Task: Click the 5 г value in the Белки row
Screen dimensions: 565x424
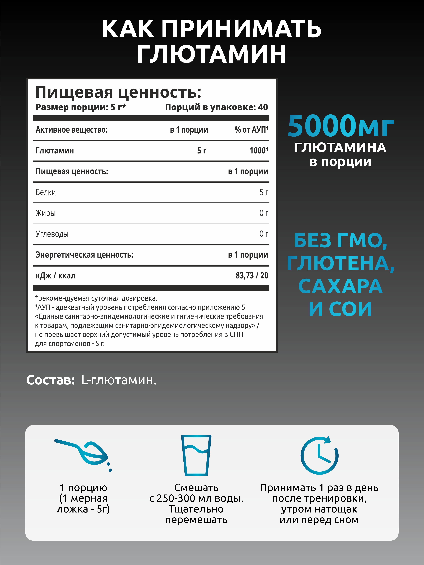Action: coord(263,192)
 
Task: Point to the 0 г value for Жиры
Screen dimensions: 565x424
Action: coord(263,213)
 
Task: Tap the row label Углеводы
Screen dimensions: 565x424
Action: coord(52,234)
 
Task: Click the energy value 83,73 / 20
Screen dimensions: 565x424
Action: coord(252,276)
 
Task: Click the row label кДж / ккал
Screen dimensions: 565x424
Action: coord(55,276)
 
